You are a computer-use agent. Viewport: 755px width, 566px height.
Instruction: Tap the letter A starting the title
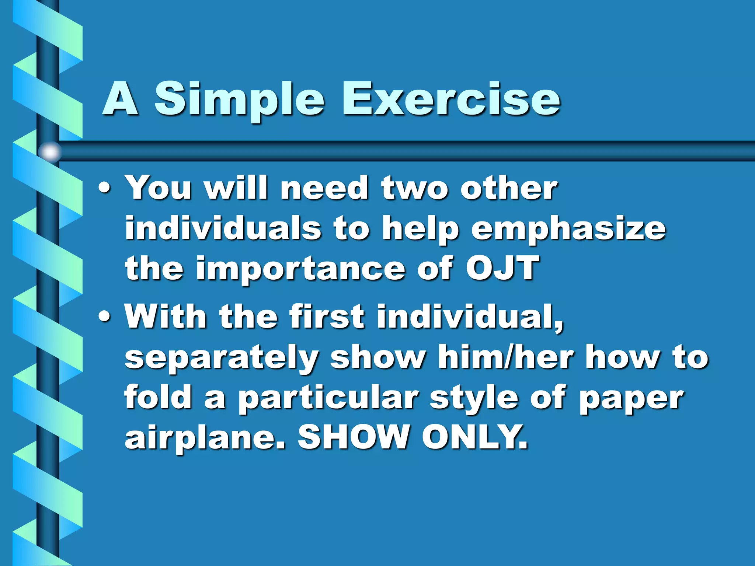tap(120, 99)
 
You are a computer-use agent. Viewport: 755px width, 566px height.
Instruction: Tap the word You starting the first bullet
tap(159, 188)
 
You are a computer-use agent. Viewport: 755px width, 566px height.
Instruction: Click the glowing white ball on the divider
tap(50, 152)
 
